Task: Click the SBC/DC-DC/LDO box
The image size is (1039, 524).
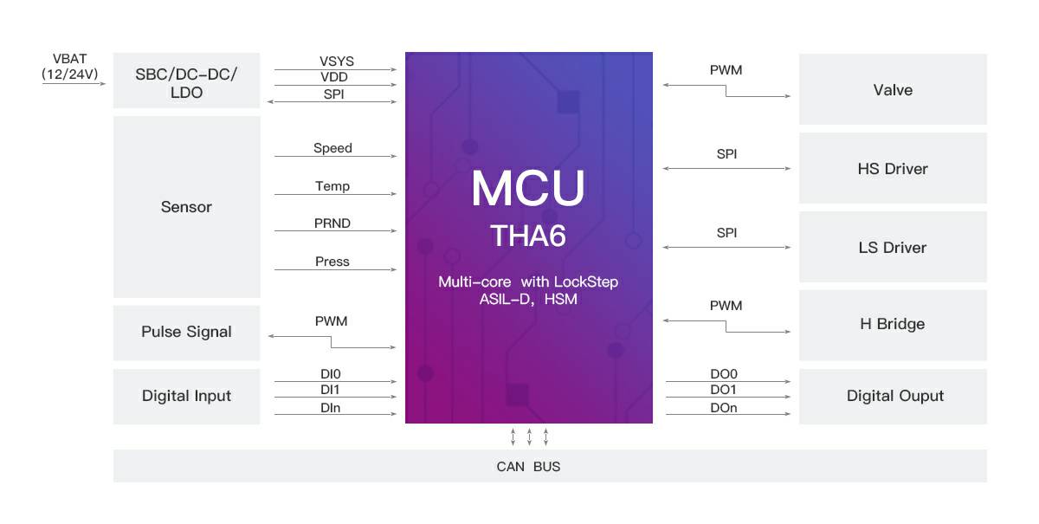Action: pos(186,81)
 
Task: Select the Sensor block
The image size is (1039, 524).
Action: pos(186,206)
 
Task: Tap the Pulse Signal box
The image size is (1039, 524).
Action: pos(186,333)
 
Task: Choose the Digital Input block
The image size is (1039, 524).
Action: pos(186,397)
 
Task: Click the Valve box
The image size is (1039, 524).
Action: pos(893,89)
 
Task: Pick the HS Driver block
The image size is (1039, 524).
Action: pos(893,168)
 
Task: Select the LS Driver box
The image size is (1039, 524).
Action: pos(893,247)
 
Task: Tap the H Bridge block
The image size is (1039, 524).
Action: pos(893,325)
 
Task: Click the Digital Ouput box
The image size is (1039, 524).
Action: pos(893,397)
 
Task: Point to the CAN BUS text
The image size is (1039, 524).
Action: pos(528,467)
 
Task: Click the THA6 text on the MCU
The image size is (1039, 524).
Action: pos(528,236)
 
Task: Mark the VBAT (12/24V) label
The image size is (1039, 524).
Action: pos(70,67)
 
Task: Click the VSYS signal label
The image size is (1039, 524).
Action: pos(336,61)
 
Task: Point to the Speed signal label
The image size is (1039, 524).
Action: pos(332,148)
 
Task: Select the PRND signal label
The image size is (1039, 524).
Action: pos(332,223)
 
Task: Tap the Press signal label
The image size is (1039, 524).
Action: pos(332,262)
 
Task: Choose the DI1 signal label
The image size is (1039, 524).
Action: pos(330,390)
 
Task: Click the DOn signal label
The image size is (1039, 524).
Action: pos(724,407)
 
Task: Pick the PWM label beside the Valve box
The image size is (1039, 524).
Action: pos(726,70)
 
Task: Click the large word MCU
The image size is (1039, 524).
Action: pos(528,187)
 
